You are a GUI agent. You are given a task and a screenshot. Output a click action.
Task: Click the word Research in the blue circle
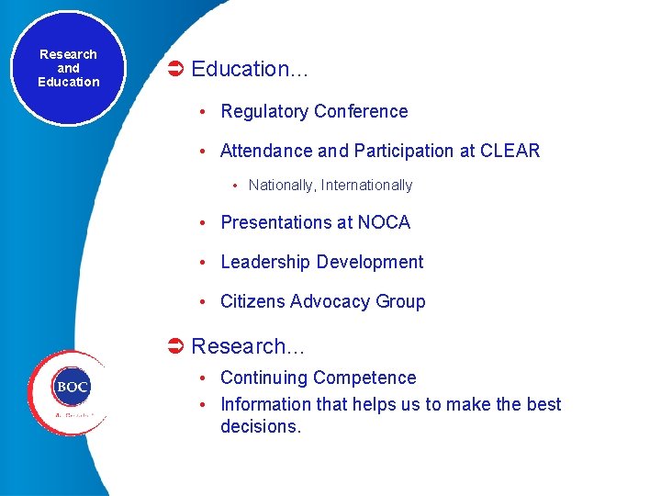pyautogui.click(x=68, y=54)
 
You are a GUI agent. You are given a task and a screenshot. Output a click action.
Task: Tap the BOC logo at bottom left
pyautogui.click(x=71, y=388)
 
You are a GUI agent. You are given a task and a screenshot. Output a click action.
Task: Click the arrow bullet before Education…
pyautogui.click(x=176, y=69)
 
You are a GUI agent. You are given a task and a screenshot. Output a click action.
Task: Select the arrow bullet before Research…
pyautogui.click(x=176, y=346)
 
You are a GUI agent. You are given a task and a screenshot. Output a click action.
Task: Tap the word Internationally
pyautogui.click(x=366, y=186)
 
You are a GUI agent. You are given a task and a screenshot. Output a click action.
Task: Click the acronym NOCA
pyautogui.click(x=384, y=222)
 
